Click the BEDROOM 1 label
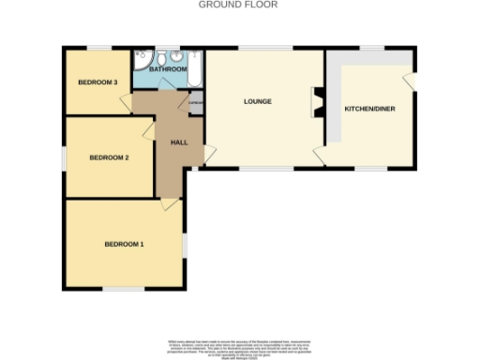pos(124,244)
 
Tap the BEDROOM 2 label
pos(109,157)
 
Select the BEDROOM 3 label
pos(97,82)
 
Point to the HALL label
pos(179,142)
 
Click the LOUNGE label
pos(257,101)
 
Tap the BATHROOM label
pos(168,69)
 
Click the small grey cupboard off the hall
pos(196,102)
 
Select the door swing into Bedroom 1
pos(170,202)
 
